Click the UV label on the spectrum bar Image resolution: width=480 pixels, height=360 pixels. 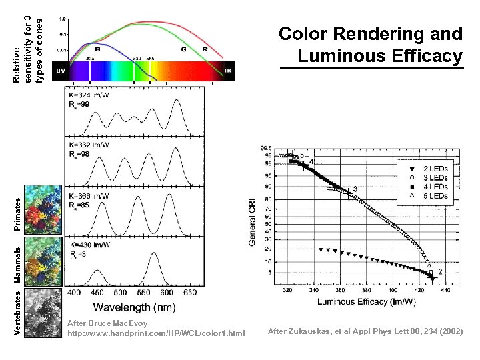(61, 70)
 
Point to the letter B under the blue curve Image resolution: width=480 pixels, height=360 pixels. (98, 49)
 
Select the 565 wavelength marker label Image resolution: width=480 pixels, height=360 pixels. (151, 59)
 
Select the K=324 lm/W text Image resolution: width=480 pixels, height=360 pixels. (90, 95)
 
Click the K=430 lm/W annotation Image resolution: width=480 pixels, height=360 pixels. (90, 245)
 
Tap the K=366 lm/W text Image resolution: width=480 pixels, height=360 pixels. (90, 195)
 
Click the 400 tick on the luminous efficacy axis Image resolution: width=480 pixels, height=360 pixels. (393, 291)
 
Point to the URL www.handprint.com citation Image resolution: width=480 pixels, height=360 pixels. (156, 333)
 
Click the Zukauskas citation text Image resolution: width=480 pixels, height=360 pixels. (365, 331)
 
